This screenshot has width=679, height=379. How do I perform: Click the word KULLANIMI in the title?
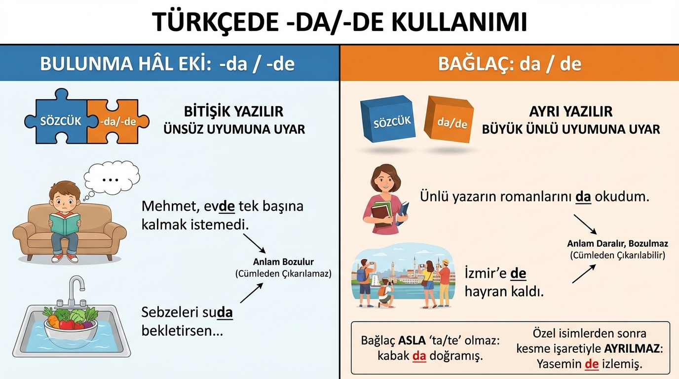(x=459, y=22)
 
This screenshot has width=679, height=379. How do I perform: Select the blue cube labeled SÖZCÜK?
(x=388, y=119)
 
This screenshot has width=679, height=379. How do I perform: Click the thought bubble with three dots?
(x=112, y=178)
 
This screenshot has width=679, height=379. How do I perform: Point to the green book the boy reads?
(x=65, y=224)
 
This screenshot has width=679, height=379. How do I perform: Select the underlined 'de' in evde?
(x=226, y=206)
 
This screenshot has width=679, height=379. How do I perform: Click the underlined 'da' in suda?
(x=225, y=312)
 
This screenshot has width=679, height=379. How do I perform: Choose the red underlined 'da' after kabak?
(x=419, y=356)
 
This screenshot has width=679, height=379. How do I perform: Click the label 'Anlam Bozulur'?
(x=283, y=262)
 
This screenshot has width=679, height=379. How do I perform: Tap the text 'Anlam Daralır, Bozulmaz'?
(x=617, y=243)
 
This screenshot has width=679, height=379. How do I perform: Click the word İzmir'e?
(x=486, y=273)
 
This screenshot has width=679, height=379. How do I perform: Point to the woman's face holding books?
(x=385, y=181)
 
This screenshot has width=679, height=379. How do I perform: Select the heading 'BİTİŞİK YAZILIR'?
(x=234, y=112)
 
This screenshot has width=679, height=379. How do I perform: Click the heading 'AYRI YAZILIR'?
(x=571, y=112)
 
